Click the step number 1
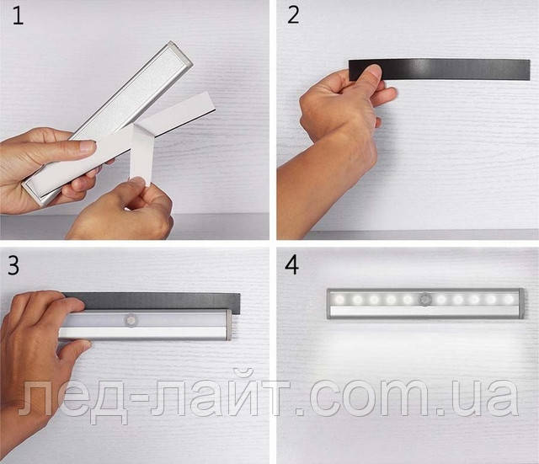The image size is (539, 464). pyautogui.click(x=18, y=17)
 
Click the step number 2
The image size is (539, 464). pyautogui.click(x=293, y=16)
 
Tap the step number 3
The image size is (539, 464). pyautogui.click(x=13, y=265)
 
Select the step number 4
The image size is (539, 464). pyautogui.click(x=292, y=265)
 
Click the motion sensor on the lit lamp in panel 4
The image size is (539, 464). pyautogui.click(x=424, y=299)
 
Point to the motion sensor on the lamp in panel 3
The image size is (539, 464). pyautogui.click(x=131, y=320)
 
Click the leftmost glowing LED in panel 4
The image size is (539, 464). pyautogui.click(x=339, y=299)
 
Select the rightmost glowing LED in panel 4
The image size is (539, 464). pyautogui.click(x=507, y=299)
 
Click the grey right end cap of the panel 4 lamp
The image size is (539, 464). pyautogui.click(x=520, y=303)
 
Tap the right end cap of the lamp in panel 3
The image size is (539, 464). pyautogui.click(x=228, y=325)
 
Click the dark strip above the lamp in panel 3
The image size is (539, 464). pyautogui.click(x=152, y=301)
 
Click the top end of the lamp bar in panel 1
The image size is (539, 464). pyautogui.click(x=179, y=51)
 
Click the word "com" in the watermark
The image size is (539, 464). pyautogui.click(x=374, y=398)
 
